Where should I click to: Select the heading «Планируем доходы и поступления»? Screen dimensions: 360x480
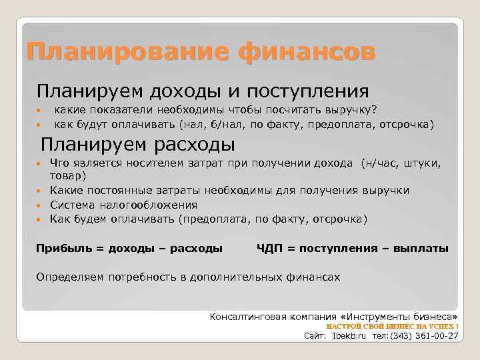[202, 90]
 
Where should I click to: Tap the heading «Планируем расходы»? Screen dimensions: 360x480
[138, 143]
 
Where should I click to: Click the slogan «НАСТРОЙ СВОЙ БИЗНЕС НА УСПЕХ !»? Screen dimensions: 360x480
[392, 326]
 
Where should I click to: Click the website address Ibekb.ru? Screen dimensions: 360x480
[349, 336]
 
